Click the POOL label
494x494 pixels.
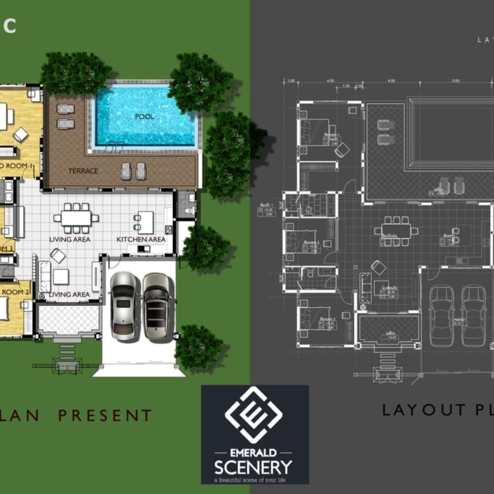pyautogui.click(x=144, y=117)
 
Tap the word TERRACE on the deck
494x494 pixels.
pyautogui.click(x=83, y=170)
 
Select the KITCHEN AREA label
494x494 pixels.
pyautogui.click(x=141, y=239)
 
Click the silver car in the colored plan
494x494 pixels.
pyautogui.click(x=123, y=306)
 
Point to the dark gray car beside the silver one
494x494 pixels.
pyautogui.click(x=156, y=306)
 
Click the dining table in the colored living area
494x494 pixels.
pyautogui.click(x=76, y=218)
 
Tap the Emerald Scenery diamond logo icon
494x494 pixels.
pyautogui.click(x=254, y=415)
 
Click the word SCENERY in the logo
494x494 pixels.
pyautogui.click(x=253, y=467)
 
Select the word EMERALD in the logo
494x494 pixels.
pyautogui.click(x=253, y=453)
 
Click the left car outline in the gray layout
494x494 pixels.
pyautogui.click(x=441, y=315)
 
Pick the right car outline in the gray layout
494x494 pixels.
pyautogui.click(x=472, y=315)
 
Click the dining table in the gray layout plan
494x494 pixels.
pyautogui.click(x=396, y=231)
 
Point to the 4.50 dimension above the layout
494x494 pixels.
pyautogui.click(x=330, y=81)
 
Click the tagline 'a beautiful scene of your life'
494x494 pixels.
pyautogui.click(x=253, y=480)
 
